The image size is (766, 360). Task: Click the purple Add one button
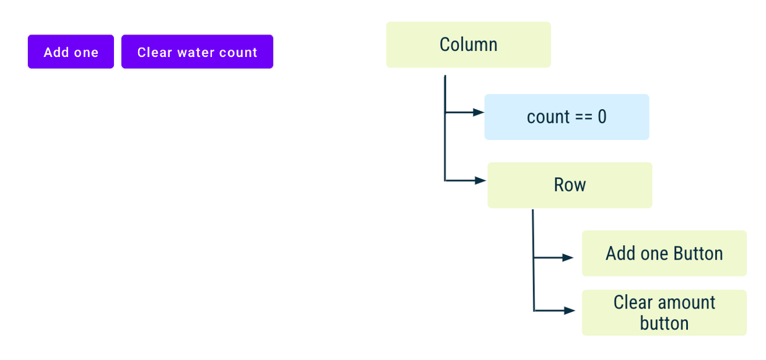(x=71, y=52)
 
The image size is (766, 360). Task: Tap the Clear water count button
(x=197, y=52)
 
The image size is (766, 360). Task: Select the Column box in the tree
(x=468, y=45)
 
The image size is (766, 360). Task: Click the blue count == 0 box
(x=567, y=117)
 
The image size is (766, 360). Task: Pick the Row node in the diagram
(x=570, y=185)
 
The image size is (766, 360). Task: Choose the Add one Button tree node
(x=664, y=253)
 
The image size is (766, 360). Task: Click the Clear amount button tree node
(x=664, y=313)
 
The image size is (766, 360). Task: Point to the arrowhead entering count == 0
(x=479, y=113)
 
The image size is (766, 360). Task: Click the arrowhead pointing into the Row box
(x=481, y=181)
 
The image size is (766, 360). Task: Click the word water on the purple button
(x=189, y=53)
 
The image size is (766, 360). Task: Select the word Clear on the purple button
(x=154, y=53)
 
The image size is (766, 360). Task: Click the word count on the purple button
(x=238, y=53)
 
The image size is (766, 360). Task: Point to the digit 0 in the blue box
(x=602, y=117)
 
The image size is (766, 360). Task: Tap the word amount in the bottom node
(x=686, y=302)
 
